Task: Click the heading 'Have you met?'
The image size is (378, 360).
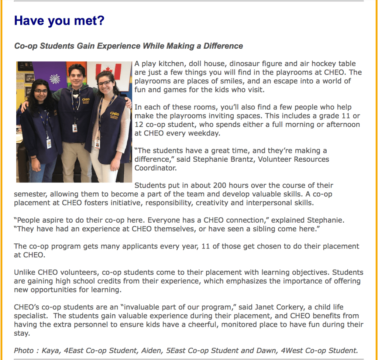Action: click(59, 20)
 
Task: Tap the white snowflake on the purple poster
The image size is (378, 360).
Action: click(55, 79)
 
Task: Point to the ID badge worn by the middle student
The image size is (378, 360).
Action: click(75, 128)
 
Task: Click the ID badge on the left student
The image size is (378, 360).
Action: click(49, 143)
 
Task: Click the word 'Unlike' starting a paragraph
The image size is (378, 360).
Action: click(25, 272)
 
